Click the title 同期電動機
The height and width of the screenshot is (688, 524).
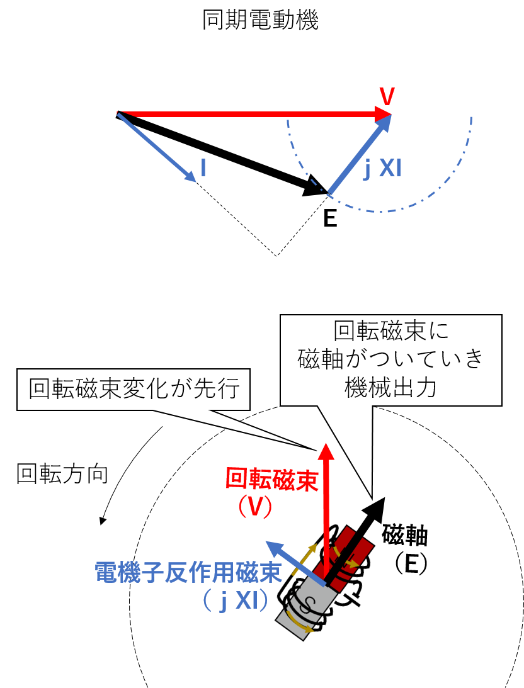point(260,20)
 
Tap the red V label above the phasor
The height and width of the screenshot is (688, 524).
point(387,96)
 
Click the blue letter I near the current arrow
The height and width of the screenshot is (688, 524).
point(203,167)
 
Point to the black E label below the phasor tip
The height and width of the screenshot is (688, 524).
point(330,218)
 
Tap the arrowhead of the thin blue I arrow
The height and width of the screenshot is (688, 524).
point(190,176)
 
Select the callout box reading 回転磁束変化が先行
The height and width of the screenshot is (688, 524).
point(134,390)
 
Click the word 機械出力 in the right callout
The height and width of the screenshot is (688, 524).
point(390,388)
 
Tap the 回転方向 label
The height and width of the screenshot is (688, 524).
point(62,474)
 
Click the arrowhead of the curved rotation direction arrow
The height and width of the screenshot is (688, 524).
point(103,521)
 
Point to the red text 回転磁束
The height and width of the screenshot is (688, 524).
point(271,479)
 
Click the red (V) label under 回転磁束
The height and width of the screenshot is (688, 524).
point(255,507)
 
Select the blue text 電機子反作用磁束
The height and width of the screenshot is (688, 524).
point(188,572)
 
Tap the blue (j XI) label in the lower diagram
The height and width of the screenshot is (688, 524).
point(236,601)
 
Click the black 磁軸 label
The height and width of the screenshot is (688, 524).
point(404,535)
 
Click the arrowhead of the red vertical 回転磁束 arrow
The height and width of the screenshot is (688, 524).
point(326,452)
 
